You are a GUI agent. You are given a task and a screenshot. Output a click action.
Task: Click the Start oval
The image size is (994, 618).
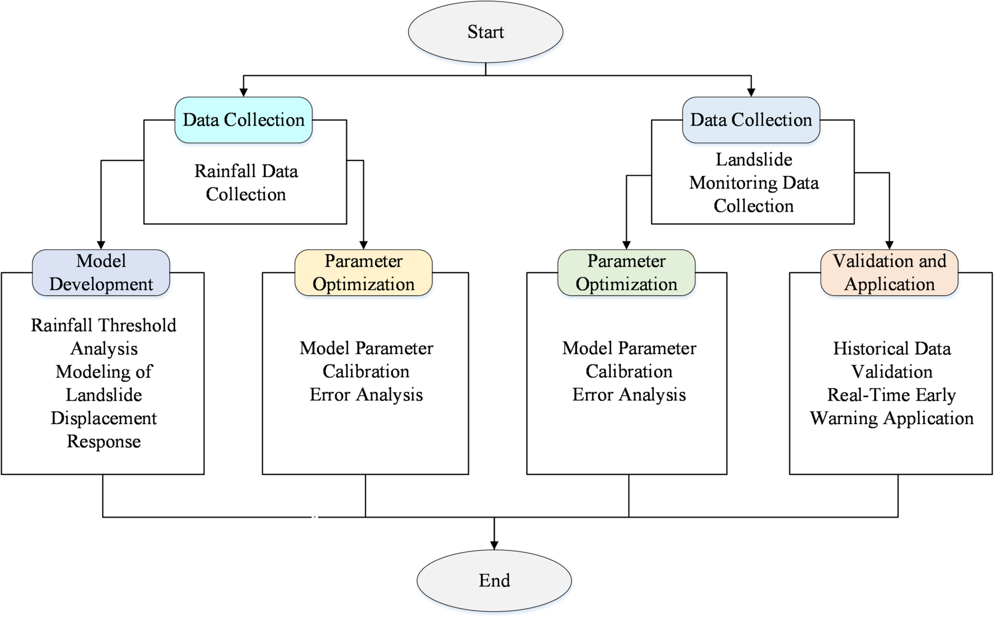(485, 32)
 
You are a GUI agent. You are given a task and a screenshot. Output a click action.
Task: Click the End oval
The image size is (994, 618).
(494, 580)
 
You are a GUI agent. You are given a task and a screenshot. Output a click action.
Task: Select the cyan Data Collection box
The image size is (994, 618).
(243, 120)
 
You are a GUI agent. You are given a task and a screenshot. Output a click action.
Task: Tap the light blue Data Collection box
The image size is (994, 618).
(751, 120)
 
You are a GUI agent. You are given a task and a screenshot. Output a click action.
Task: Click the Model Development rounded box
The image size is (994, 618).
(101, 273)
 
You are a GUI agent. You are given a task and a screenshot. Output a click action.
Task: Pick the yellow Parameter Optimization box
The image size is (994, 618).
(363, 273)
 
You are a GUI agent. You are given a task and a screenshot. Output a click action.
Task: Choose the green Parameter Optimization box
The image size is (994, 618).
(626, 273)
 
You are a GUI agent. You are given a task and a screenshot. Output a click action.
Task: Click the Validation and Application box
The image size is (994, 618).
(889, 273)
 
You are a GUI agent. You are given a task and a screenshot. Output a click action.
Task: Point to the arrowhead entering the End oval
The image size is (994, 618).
(494, 545)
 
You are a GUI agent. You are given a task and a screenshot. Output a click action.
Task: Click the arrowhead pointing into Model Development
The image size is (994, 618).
(101, 245)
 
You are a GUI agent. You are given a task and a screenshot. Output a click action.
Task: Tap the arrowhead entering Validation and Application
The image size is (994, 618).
(889, 245)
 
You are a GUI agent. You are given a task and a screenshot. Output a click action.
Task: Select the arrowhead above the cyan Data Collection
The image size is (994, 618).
(243, 93)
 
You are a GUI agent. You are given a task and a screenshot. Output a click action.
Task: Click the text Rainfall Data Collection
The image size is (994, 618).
(246, 183)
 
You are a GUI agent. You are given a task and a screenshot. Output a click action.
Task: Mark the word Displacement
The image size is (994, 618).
(103, 419)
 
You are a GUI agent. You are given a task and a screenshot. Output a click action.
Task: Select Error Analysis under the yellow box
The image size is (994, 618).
(366, 395)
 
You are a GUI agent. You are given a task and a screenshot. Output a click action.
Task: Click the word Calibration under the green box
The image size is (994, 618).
(629, 372)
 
